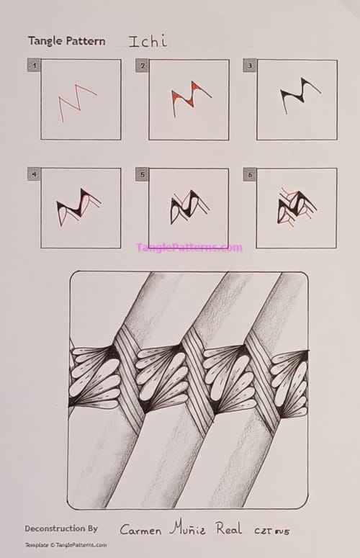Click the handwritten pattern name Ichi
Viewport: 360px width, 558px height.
point(148,41)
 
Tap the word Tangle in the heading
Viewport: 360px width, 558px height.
point(45,41)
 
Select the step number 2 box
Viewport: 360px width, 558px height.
point(142,66)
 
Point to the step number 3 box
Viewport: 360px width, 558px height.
point(249,66)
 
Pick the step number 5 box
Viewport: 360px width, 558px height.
point(142,174)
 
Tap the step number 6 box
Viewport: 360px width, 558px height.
point(249,174)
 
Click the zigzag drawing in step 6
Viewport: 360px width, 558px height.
point(296,206)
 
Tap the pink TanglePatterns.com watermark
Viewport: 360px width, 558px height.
point(189,248)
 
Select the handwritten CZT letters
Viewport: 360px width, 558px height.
point(265,531)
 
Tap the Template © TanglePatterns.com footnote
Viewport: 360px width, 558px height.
point(66,545)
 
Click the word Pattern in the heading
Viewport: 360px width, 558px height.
point(85,41)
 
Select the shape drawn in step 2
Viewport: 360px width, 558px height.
point(189,96)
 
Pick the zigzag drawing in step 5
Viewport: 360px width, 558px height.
point(189,207)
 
